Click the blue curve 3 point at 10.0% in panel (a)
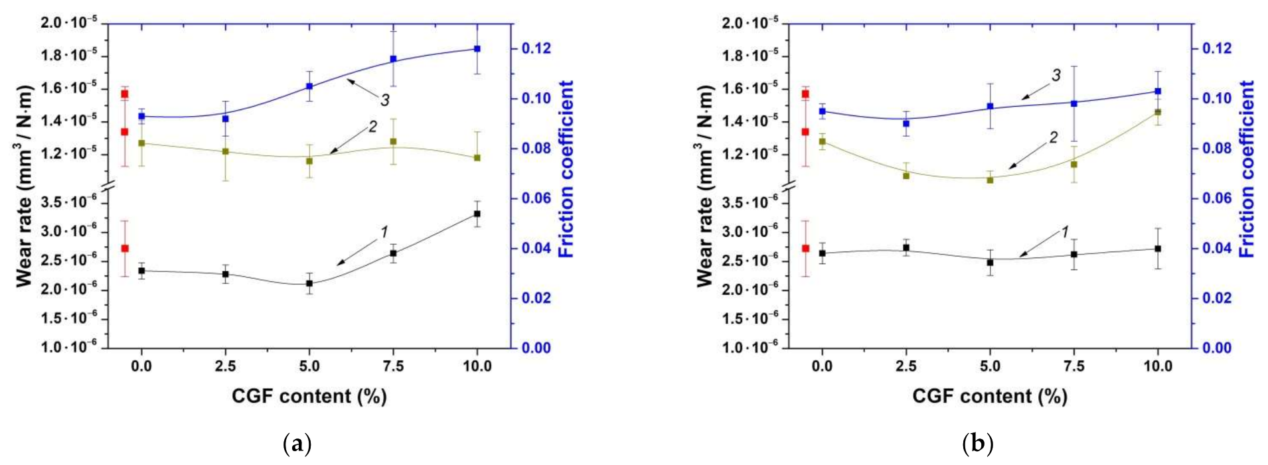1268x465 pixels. coord(477,48)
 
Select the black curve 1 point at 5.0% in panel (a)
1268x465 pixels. coord(309,283)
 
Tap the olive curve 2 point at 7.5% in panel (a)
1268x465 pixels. coord(393,141)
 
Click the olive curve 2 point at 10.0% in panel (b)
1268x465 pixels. coord(1158,112)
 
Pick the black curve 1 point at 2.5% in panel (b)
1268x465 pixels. coord(906,247)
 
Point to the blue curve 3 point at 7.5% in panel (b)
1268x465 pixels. coord(1073,103)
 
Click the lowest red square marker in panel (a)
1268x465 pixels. coord(124,248)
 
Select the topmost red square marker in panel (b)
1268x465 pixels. coord(805,94)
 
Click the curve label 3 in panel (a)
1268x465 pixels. coord(384,101)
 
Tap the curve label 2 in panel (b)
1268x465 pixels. coord(1053,138)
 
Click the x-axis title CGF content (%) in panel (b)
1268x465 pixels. coord(990,396)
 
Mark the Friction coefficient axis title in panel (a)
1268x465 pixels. coord(566,169)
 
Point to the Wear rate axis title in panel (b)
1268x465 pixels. coord(705,186)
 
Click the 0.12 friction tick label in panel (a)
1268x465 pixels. coord(536,48)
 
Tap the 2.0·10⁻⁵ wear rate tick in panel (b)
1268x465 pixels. coord(750,23)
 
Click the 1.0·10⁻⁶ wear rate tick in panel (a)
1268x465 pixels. coord(70,346)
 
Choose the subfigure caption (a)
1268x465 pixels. coord(297,443)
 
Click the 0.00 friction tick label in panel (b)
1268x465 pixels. coord(1217,348)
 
